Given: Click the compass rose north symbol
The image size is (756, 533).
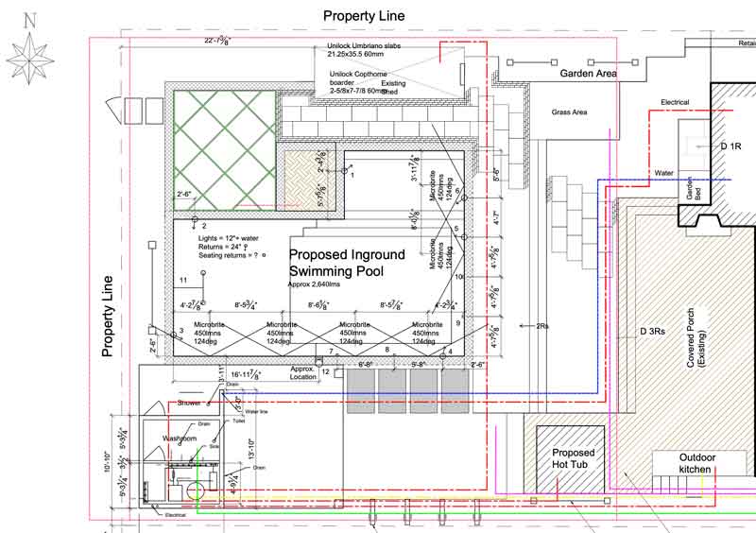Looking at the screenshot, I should (30, 46).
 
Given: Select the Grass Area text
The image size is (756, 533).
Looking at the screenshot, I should (570, 112).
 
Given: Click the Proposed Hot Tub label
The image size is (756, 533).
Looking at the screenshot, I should (573, 459).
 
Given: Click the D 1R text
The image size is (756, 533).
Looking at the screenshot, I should (732, 147).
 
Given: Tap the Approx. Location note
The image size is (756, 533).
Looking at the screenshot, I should (304, 371).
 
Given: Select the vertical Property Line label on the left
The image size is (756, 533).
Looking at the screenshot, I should (108, 316).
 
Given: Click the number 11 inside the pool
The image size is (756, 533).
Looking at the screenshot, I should (183, 282).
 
